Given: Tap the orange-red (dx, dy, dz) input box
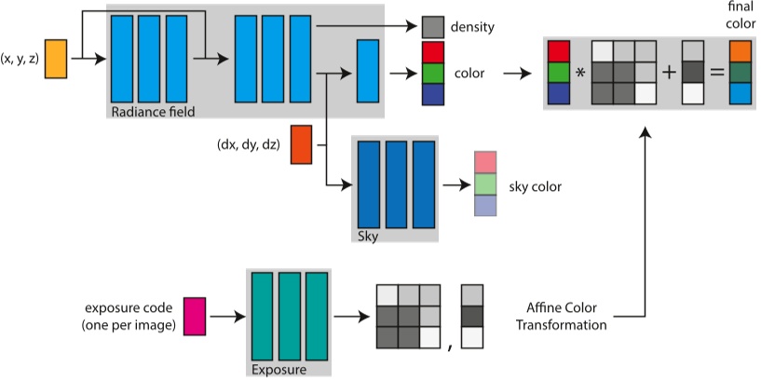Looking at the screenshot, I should (301, 144).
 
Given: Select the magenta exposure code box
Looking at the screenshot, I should (194, 315).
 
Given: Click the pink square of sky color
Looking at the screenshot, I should (486, 162).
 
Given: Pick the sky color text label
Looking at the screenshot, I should (535, 187).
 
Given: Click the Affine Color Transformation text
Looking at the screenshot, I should (568, 316).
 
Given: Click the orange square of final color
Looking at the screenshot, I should (739, 51).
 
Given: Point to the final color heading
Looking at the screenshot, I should (739, 17).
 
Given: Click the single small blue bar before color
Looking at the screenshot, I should (368, 71).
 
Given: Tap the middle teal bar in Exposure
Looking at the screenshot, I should (289, 315).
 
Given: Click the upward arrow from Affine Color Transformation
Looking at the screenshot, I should (645, 224).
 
